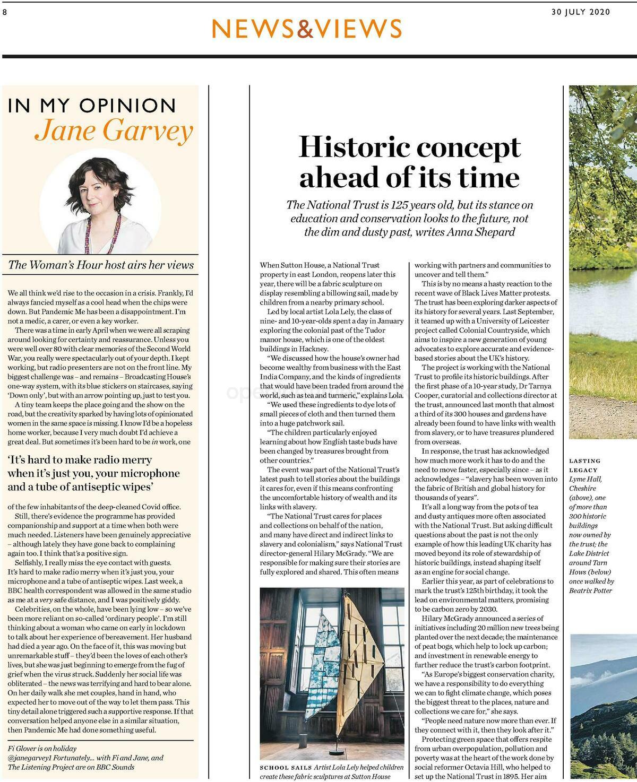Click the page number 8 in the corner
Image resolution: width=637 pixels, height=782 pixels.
pos(4,13)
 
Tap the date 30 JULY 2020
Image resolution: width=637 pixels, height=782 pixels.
pos(581,12)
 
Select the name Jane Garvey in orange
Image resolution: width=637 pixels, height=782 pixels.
pos(114,130)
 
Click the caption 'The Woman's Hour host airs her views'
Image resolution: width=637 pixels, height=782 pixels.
pos(101,265)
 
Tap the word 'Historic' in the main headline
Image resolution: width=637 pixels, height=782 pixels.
pos(354,147)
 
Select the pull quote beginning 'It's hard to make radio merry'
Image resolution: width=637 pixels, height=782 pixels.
pos(93,473)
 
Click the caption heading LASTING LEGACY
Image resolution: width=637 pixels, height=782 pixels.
pos(585,465)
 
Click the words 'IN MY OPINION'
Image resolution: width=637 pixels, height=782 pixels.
pos(91,106)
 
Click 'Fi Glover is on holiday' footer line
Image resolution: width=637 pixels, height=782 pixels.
pos(42,749)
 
